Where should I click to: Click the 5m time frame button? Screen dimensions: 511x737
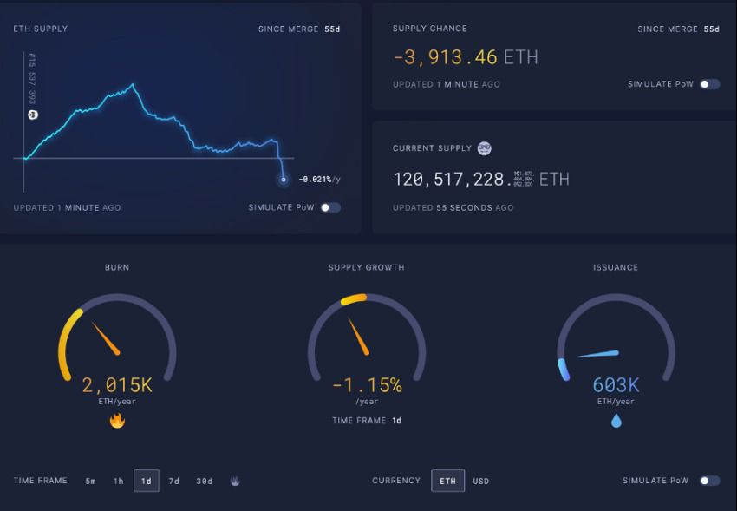91,481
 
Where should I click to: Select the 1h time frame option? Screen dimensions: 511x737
119,481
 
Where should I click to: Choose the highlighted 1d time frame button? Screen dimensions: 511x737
147,481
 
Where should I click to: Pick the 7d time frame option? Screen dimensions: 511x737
174,481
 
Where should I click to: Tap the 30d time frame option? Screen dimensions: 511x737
205,481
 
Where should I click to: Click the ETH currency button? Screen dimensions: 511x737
447,481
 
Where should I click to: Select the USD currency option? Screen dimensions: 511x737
480,481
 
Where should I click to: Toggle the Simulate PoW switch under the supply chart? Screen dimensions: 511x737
330,207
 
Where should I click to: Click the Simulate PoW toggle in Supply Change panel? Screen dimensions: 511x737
709,84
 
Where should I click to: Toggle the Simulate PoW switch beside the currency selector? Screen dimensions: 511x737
709,481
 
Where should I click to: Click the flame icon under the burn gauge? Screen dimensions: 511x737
117,421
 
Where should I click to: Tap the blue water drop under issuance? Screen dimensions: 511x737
616,421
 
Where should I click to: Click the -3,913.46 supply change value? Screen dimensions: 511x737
445,57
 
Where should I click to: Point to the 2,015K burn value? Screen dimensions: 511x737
117,384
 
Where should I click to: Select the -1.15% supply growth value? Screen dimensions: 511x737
367,384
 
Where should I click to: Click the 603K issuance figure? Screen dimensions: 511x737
616,384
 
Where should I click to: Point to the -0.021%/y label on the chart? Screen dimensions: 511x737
319,180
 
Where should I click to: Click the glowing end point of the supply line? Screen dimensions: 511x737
283,180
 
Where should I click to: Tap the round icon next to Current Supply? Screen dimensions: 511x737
484,148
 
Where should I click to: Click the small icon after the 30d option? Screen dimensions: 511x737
234,481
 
